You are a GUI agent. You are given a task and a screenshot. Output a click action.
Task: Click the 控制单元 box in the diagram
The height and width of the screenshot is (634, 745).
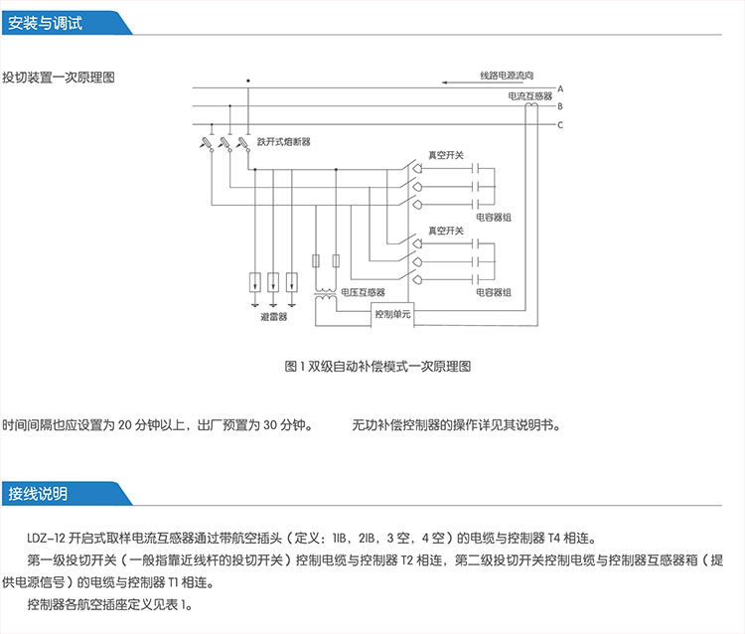[391, 314]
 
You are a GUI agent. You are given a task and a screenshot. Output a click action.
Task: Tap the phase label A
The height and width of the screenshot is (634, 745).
[560, 89]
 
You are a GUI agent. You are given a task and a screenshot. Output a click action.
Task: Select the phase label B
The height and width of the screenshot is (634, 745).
[560, 106]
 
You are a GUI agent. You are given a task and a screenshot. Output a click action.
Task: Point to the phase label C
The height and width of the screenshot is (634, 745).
[560, 124]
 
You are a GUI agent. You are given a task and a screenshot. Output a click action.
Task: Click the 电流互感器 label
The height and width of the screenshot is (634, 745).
[528, 97]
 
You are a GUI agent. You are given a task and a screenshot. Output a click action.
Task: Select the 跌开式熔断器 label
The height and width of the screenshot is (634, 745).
[283, 142]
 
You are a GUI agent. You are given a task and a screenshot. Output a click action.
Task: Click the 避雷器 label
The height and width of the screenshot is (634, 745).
[273, 317]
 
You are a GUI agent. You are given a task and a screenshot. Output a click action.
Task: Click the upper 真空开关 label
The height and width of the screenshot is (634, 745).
[446, 155]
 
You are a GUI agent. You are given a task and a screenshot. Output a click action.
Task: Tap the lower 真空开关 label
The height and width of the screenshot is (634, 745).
[446, 231]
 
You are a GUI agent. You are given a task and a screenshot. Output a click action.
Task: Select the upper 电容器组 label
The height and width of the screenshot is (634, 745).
[493, 216]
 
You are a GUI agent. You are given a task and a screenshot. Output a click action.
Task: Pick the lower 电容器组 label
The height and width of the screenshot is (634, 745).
[493, 292]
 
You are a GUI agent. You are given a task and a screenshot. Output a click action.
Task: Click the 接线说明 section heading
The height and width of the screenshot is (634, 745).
[39, 494]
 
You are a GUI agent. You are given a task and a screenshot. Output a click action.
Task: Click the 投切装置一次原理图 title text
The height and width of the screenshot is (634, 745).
[59, 77]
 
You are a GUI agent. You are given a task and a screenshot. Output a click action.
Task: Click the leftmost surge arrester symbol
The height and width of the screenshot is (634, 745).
[254, 281]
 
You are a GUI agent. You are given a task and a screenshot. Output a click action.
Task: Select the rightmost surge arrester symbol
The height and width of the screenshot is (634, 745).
[291, 281]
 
